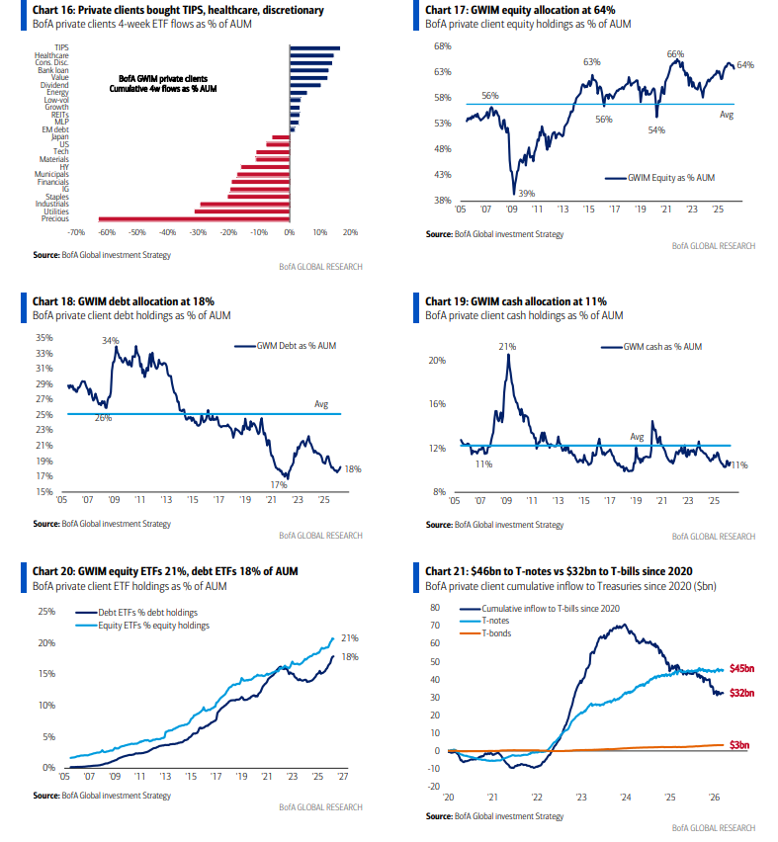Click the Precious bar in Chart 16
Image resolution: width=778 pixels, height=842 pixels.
pyautogui.click(x=194, y=219)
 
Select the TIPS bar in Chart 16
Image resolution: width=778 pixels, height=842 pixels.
pyautogui.click(x=315, y=46)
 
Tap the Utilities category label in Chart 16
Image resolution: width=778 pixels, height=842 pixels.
pyautogui.click(x=55, y=211)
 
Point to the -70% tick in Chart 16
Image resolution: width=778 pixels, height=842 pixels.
pyautogui.click(x=75, y=233)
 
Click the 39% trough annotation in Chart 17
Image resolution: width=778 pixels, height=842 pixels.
pyautogui.click(x=529, y=194)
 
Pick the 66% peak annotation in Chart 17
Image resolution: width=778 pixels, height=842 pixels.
pyautogui.click(x=676, y=53)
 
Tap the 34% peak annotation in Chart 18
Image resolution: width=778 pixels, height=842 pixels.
pyautogui.click(x=110, y=341)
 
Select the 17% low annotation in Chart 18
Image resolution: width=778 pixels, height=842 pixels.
pyautogui.click(x=278, y=484)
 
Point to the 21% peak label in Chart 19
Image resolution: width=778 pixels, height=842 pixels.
pyautogui.click(x=508, y=347)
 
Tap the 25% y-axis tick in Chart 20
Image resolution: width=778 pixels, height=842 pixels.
pyautogui.click(x=45, y=611)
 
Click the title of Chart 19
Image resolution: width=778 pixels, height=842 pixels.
pyautogui.click(x=516, y=300)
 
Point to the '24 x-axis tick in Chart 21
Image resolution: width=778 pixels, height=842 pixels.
pyautogui.click(x=626, y=797)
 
